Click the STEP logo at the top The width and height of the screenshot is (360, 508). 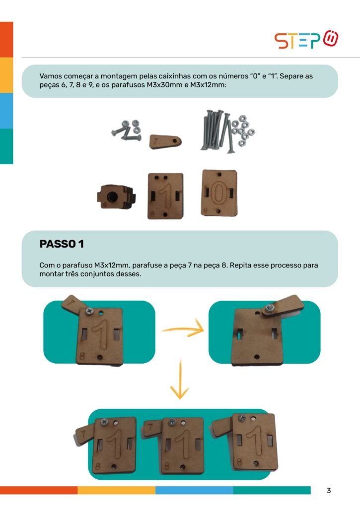click(306, 40)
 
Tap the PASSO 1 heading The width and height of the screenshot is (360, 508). click(62, 244)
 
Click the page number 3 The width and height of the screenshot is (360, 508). click(329, 490)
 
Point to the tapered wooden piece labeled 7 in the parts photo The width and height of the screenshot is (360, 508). click(165, 141)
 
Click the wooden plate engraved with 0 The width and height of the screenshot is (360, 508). click(219, 193)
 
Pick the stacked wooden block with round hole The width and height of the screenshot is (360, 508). click(116, 196)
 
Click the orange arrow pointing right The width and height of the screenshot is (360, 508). click(183, 329)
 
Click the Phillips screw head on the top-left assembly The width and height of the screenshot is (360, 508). click(89, 312)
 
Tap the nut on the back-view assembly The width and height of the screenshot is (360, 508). click(269, 308)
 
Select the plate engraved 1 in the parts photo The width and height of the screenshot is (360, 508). click(165, 195)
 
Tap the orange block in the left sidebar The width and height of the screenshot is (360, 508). click(6, 40)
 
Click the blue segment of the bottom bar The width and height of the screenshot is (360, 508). click(194, 490)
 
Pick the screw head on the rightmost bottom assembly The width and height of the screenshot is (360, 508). click(242, 418)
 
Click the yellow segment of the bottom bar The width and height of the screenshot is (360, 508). click(116, 490)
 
